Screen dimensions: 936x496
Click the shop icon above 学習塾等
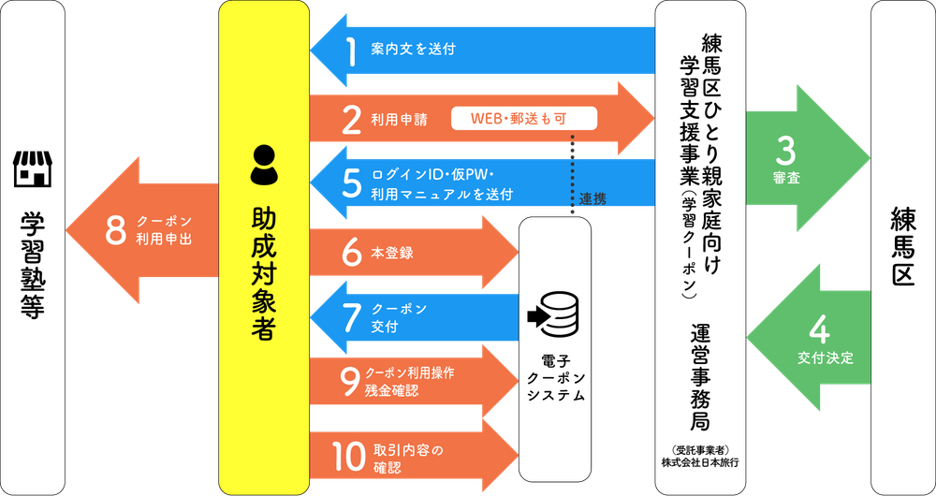pos(33,168)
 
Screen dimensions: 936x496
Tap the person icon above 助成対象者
pos(264,166)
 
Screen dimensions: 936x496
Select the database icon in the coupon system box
pos(553,317)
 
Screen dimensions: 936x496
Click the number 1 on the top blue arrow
pos(351,50)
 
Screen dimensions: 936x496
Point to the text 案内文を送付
pos(413,50)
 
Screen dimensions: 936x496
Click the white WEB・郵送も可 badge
pos(524,118)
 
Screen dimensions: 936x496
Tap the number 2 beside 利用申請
pos(352,120)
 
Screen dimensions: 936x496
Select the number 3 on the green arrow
pos(786,153)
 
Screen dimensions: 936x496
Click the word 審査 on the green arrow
pos(786,179)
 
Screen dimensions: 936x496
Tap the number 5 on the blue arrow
pos(352,183)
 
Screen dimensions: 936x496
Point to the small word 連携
pos(592,200)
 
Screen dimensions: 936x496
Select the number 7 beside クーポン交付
pos(352,318)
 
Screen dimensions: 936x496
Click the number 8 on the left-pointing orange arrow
pos(116,231)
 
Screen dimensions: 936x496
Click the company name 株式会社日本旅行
pos(699,462)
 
